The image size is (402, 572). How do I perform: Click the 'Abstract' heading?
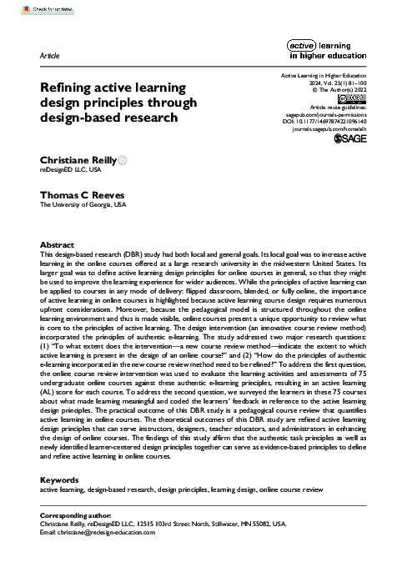57,243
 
